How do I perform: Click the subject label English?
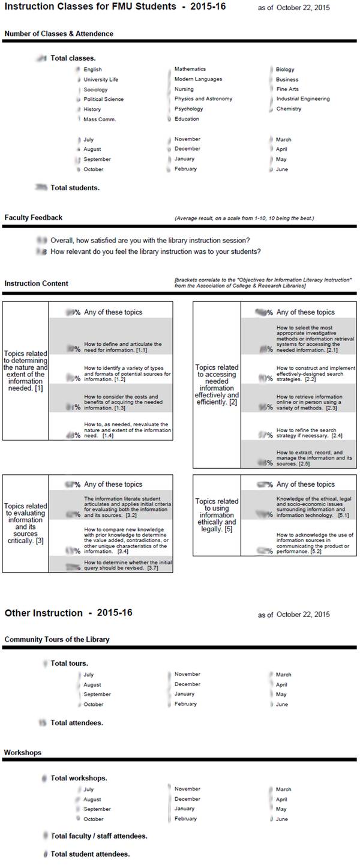point(92,70)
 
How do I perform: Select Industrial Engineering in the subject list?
point(302,99)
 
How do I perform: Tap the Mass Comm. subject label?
point(100,119)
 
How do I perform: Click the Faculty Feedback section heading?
point(33,217)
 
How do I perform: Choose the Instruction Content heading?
point(36,283)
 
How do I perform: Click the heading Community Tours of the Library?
point(57,639)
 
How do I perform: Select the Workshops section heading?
point(23,752)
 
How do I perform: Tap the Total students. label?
point(75,188)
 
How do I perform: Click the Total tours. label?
point(70,663)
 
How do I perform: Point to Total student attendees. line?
point(90,854)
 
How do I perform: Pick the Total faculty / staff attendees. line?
point(99,836)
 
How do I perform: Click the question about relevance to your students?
point(155,252)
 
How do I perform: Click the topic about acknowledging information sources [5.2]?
point(314,543)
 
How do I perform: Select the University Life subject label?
point(101,79)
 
